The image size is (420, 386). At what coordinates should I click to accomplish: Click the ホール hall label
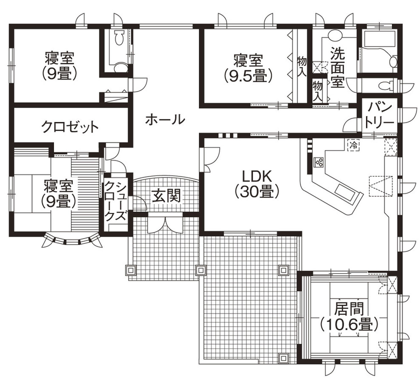(165, 119)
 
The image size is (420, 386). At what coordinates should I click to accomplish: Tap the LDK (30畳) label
(256, 183)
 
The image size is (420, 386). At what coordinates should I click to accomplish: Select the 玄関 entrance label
(166, 196)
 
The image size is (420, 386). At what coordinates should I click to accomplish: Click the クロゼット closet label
(70, 127)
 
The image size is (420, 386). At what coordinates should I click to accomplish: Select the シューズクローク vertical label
(115, 200)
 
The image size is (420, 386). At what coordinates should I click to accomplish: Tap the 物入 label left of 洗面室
(317, 91)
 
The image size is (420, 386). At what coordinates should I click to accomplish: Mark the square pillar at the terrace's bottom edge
(283, 358)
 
